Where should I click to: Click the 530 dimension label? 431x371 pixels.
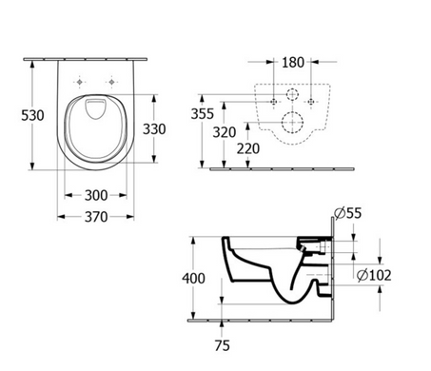coord(32,115)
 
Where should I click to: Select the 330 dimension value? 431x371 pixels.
coord(154,129)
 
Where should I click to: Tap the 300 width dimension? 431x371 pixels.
coord(96,195)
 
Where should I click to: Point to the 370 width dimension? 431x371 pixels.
coord(96,217)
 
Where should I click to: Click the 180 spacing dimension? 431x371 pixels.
coord(293,63)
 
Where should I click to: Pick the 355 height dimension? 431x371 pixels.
coord(203,114)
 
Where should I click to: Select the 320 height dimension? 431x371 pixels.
coord(225,132)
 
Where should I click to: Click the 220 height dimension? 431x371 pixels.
coord(248,148)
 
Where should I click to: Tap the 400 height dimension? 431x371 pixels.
coord(193,278)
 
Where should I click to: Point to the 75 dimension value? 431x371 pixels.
coord(222,345)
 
